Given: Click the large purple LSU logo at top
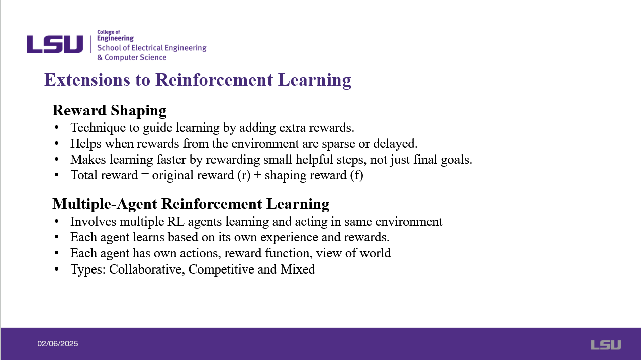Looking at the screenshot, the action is [x=55, y=44].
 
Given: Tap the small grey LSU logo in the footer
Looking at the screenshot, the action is [x=606, y=345].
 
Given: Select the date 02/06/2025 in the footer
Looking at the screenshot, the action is [x=57, y=344].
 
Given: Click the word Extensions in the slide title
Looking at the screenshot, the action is [x=87, y=80].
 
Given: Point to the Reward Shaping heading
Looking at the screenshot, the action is [x=109, y=111].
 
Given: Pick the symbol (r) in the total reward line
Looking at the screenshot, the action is [x=244, y=175].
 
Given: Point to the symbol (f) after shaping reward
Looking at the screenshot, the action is [x=357, y=175].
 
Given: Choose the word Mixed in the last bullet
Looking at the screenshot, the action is [x=298, y=269].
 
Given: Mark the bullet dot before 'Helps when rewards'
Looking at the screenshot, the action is [x=56, y=143].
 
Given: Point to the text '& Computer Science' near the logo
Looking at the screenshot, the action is [x=132, y=57].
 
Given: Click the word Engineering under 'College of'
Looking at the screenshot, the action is [x=115, y=38].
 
